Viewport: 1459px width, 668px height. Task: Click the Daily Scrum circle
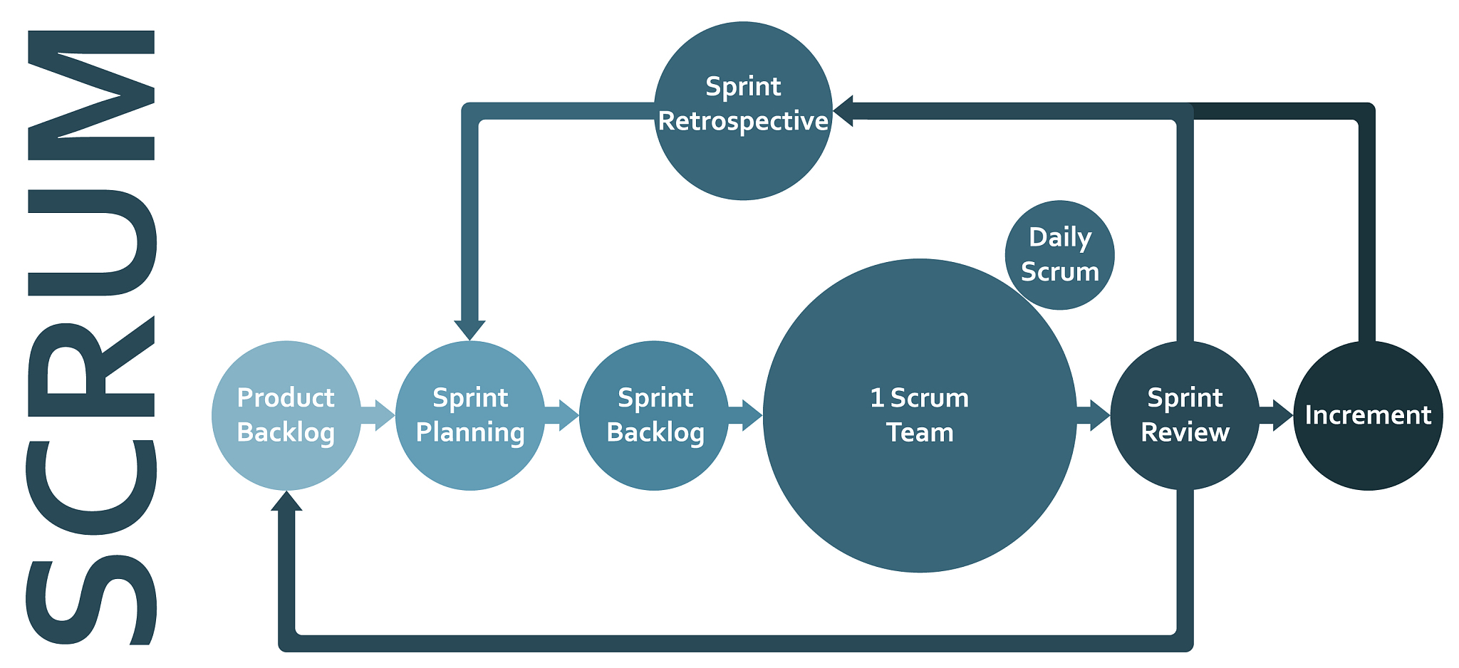click(x=1059, y=255)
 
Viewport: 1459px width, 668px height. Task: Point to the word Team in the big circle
click(x=920, y=433)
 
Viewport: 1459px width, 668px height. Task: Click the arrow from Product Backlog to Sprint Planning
click(x=378, y=415)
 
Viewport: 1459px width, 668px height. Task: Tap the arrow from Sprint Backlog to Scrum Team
click(x=746, y=415)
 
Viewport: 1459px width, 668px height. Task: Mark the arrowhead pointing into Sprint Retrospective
click(x=844, y=111)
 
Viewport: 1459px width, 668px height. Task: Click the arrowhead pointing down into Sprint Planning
click(x=469, y=329)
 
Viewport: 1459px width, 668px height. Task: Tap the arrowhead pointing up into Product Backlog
click(x=286, y=501)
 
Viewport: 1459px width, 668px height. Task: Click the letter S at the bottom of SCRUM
click(x=91, y=602)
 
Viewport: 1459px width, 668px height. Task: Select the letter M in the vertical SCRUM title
click(x=91, y=95)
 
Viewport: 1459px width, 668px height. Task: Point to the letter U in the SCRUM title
click(x=91, y=242)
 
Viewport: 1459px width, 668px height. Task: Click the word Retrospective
click(x=743, y=121)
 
